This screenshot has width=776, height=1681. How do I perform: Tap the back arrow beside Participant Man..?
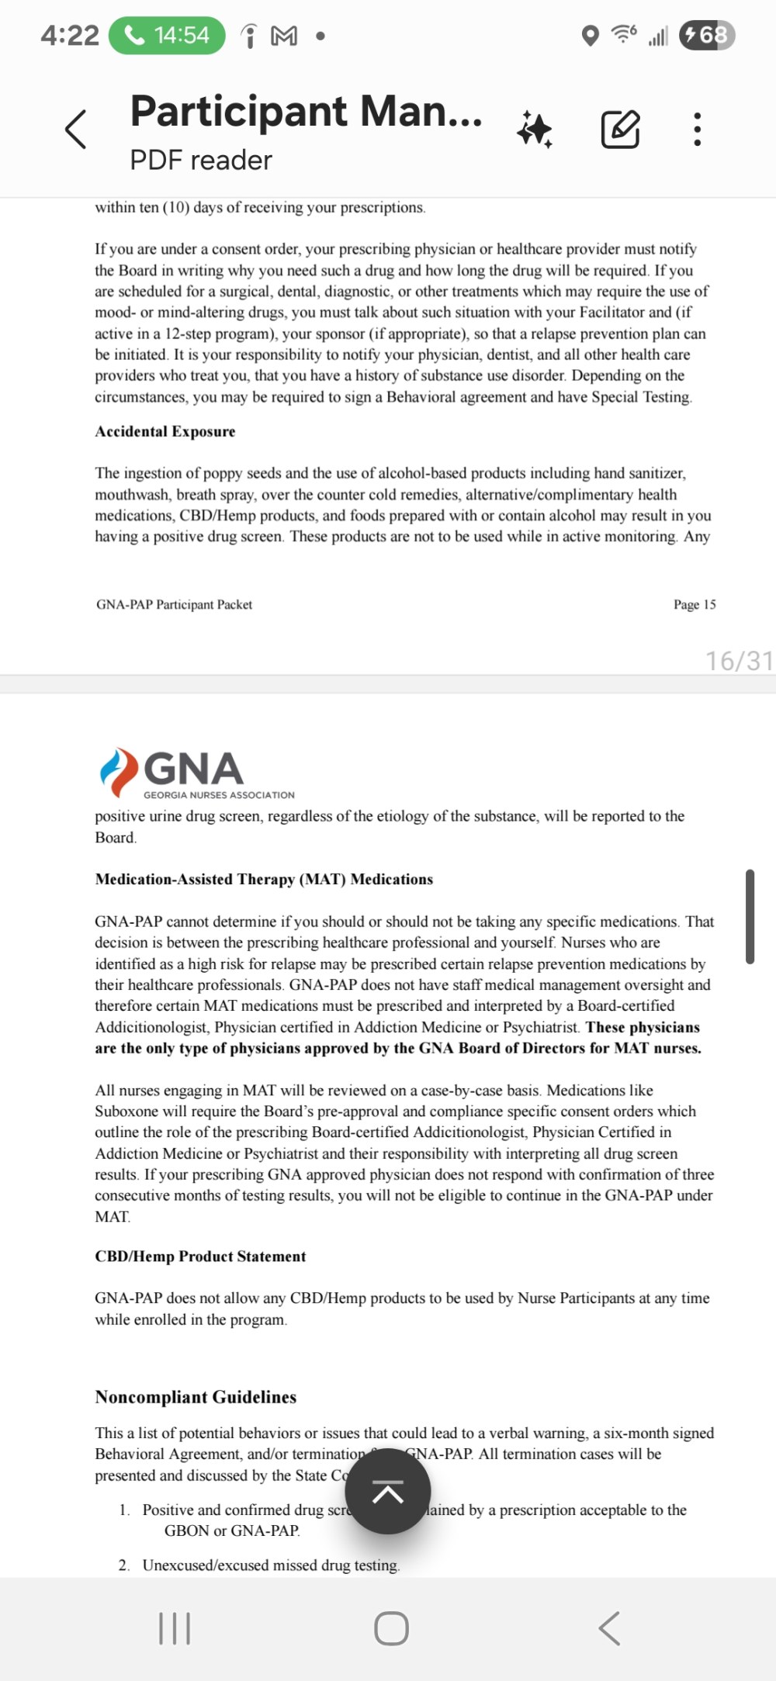click(76, 129)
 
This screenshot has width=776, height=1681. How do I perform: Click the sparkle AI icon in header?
click(535, 129)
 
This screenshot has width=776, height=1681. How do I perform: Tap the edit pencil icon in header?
click(621, 129)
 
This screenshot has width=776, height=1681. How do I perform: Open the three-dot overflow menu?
click(697, 129)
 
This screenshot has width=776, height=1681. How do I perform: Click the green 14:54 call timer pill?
click(167, 36)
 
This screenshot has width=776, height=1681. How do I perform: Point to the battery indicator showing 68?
click(706, 35)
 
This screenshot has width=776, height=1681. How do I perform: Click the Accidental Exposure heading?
click(165, 431)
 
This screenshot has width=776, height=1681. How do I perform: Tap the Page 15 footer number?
click(695, 604)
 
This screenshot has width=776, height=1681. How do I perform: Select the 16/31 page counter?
click(738, 660)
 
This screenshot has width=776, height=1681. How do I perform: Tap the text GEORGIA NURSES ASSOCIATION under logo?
click(219, 795)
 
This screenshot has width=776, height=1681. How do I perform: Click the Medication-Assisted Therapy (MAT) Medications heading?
click(264, 879)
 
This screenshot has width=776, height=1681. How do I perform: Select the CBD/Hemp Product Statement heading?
click(200, 1256)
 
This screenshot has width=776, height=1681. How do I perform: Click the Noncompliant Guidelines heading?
click(196, 1396)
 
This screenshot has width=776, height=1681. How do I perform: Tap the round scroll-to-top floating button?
click(388, 1490)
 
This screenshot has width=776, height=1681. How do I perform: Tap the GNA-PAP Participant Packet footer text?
click(175, 604)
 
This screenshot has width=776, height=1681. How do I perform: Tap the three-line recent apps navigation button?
click(174, 1627)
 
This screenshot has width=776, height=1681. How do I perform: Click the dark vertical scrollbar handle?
click(750, 916)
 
